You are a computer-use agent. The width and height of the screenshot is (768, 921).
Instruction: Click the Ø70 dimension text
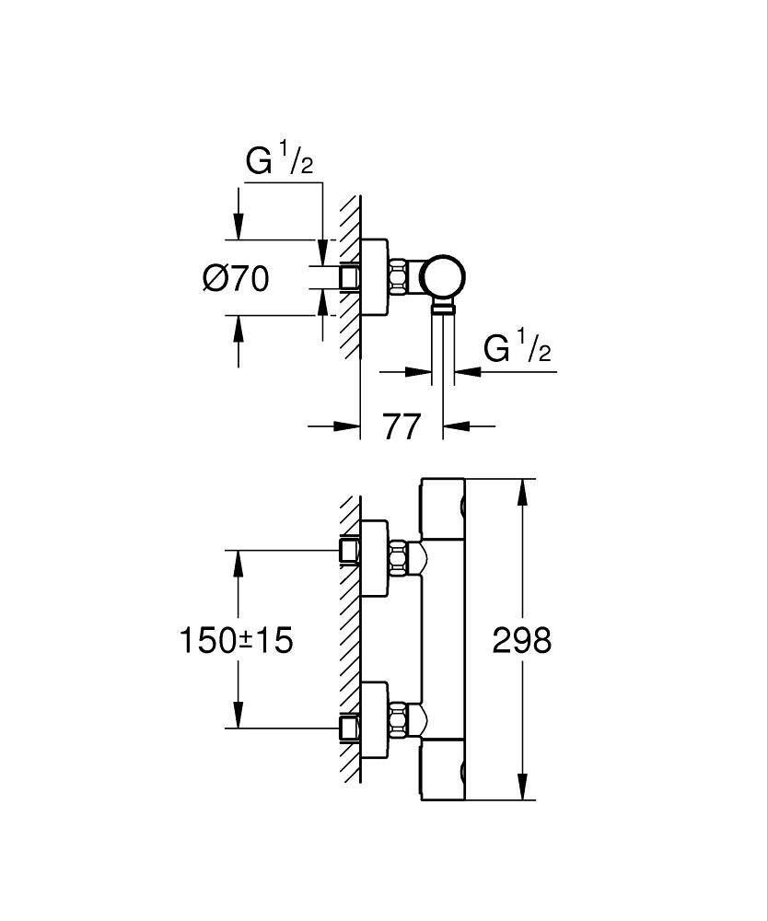click(236, 277)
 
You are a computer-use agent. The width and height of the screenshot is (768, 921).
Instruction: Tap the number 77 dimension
click(401, 426)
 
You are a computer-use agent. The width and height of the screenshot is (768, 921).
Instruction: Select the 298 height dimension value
click(522, 639)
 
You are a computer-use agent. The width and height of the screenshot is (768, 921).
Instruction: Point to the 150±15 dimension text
click(236, 639)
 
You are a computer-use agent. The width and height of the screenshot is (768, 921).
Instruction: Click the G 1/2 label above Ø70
click(280, 161)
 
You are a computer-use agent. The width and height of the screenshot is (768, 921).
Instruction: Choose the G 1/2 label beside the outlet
click(517, 349)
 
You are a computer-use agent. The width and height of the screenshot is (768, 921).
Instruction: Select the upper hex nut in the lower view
click(399, 558)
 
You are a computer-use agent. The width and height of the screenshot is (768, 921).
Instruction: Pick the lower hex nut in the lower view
click(399, 718)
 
